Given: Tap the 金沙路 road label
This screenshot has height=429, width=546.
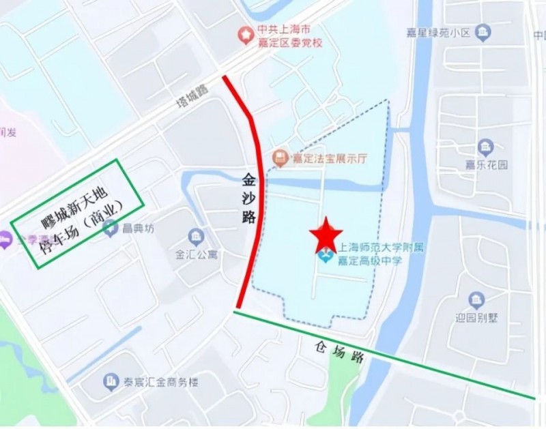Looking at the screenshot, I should pyautogui.click(x=248, y=198).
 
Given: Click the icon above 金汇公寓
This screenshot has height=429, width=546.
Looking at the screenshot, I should pyautogui.click(x=196, y=237).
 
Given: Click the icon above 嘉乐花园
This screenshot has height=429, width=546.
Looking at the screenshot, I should pyautogui.click(x=485, y=147).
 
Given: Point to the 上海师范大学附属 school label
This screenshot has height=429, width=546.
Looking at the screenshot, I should pyautogui.click(x=378, y=247).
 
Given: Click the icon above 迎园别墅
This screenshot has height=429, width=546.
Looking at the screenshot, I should pyautogui.click(x=476, y=300).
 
